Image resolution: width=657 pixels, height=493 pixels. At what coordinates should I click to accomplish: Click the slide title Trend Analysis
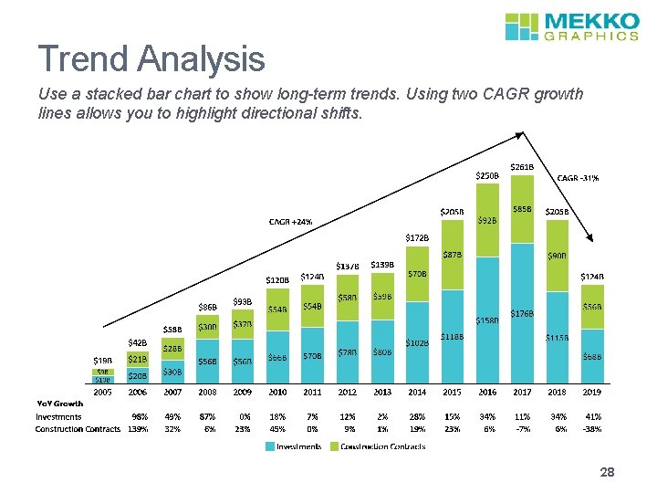(151, 60)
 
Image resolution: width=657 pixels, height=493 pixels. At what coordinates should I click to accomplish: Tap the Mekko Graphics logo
(571, 26)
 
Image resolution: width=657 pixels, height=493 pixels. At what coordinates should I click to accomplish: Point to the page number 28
(608, 473)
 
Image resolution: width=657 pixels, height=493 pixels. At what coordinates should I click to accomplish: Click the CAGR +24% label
(290, 222)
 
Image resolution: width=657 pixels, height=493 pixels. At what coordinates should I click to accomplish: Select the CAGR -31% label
(579, 178)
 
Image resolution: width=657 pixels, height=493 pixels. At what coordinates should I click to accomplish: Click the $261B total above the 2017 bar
(522, 167)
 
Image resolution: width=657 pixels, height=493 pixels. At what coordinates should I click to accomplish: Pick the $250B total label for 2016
(488, 175)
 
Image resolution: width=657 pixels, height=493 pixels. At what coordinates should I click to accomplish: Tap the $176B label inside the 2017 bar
(522, 313)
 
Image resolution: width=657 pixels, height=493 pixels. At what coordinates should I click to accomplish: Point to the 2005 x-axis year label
(103, 392)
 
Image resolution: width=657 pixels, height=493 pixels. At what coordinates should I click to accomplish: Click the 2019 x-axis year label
(591, 392)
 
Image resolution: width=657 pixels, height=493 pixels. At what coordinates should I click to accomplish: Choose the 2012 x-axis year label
(347, 392)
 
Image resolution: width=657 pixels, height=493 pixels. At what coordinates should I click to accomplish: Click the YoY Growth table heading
(60, 404)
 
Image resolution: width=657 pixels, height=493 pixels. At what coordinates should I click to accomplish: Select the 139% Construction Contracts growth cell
(139, 428)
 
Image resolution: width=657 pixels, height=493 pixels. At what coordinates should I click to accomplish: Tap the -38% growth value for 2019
(591, 428)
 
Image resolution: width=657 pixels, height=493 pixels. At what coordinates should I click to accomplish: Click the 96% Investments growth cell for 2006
(140, 416)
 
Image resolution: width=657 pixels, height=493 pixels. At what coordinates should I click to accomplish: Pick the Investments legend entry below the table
(293, 446)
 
